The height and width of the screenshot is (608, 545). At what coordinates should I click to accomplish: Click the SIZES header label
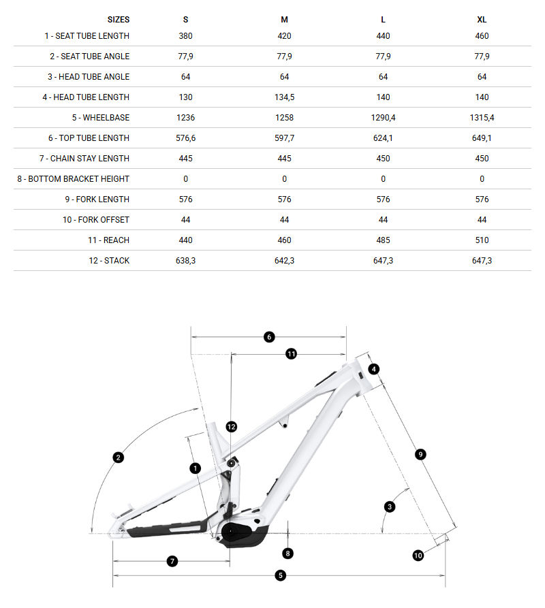[x=118, y=20]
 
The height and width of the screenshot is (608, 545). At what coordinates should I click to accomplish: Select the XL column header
[x=482, y=20]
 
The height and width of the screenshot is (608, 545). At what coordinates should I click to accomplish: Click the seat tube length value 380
[x=185, y=36]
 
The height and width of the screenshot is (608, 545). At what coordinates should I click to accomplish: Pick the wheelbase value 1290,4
[x=383, y=118]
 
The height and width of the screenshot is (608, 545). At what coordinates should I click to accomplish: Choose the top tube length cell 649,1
[x=482, y=138]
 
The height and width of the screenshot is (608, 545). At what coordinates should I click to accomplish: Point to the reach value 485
[x=383, y=240]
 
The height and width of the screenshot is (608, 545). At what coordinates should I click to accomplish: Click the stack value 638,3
[x=185, y=261]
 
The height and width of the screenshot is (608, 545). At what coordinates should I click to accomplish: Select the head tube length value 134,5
[x=284, y=97]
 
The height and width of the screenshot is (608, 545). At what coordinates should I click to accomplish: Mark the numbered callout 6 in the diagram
[x=269, y=336]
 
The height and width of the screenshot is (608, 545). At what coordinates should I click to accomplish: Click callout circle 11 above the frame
[x=291, y=354]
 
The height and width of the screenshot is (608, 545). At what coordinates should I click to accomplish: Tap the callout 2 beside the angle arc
[x=119, y=458]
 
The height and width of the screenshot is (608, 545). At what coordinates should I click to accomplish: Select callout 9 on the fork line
[x=420, y=454]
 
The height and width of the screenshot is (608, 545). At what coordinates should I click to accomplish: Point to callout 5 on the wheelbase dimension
[x=280, y=576]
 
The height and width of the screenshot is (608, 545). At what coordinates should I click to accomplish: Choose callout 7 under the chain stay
[x=172, y=561]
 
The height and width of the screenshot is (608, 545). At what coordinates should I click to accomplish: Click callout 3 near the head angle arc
[x=390, y=507]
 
